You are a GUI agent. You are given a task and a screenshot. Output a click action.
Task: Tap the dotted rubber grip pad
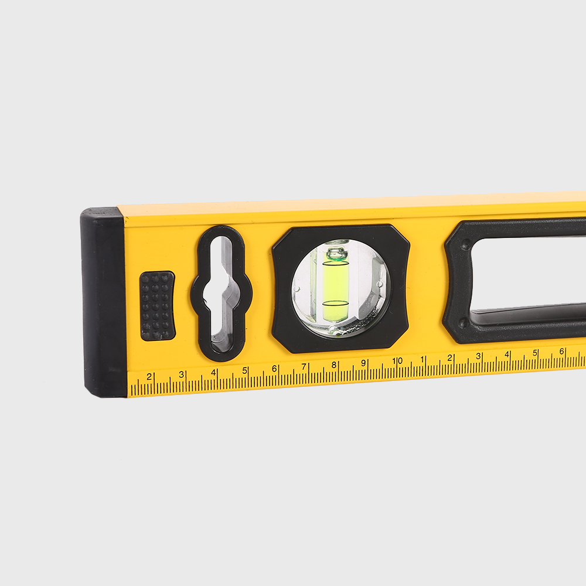(157, 306)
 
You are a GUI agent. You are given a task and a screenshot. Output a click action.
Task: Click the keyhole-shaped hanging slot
(218, 294)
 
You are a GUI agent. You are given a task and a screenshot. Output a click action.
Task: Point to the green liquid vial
(335, 284)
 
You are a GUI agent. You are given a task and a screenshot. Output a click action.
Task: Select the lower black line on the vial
(335, 303)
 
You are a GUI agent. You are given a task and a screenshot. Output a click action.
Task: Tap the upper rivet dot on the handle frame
(465, 246)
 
